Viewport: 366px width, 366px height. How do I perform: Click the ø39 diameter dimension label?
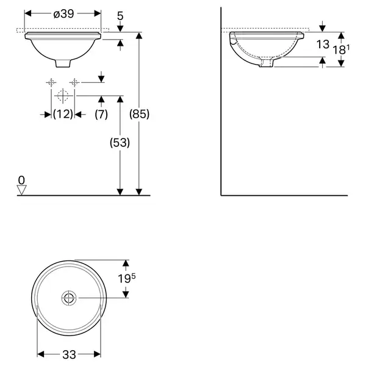pyautogui.click(x=63, y=14)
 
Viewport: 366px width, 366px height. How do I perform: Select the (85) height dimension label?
pyautogui.click(x=139, y=114)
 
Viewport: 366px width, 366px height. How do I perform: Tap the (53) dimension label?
pyautogui.click(x=120, y=142)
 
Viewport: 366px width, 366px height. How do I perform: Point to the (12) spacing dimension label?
pyautogui.click(x=63, y=114)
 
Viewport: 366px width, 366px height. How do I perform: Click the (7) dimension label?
pyautogui.click(x=101, y=114)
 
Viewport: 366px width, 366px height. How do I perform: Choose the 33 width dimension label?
pyautogui.click(x=69, y=355)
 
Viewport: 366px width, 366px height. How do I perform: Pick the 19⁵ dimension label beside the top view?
pyautogui.click(x=126, y=278)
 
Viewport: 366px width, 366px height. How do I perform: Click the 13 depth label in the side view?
pyautogui.click(x=323, y=45)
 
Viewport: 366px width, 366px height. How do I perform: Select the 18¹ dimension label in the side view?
pyautogui.click(x=341, y=49)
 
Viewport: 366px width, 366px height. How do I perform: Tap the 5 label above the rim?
pyautogui.click(x=120, y=16)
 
